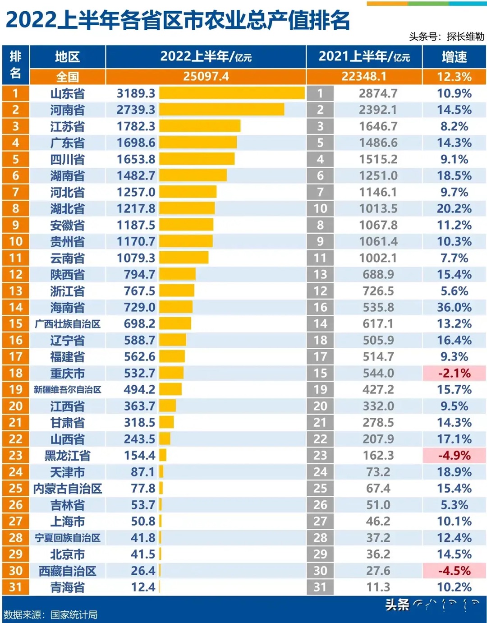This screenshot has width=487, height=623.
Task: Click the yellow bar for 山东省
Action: [232, 93]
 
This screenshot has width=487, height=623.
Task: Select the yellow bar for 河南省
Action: [221, 110]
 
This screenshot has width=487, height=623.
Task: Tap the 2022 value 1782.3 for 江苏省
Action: [136, 126]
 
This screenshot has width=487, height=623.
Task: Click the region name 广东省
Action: [67, 143]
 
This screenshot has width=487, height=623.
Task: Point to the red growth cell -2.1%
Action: [454, 373]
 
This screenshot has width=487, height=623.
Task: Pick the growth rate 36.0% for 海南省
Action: [454, 307]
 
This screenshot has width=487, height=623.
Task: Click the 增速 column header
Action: [454, 57]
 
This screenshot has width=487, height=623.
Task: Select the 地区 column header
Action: [67, 57]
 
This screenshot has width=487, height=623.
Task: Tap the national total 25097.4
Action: [206, 77]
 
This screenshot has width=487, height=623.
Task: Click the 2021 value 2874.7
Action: [378, 93]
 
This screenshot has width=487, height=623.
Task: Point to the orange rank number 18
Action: [15, 373]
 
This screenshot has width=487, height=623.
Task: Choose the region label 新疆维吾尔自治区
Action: [67, 390]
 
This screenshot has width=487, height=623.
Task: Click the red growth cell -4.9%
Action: [454, 455]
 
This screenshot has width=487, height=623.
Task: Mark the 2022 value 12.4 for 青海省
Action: [143, 587]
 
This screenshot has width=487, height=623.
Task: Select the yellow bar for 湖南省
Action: [193, 175]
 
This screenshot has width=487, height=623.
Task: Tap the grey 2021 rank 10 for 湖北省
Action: [320, 208]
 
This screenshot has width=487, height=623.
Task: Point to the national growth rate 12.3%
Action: [454, 77]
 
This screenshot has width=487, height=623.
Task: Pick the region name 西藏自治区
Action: [67, 571]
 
